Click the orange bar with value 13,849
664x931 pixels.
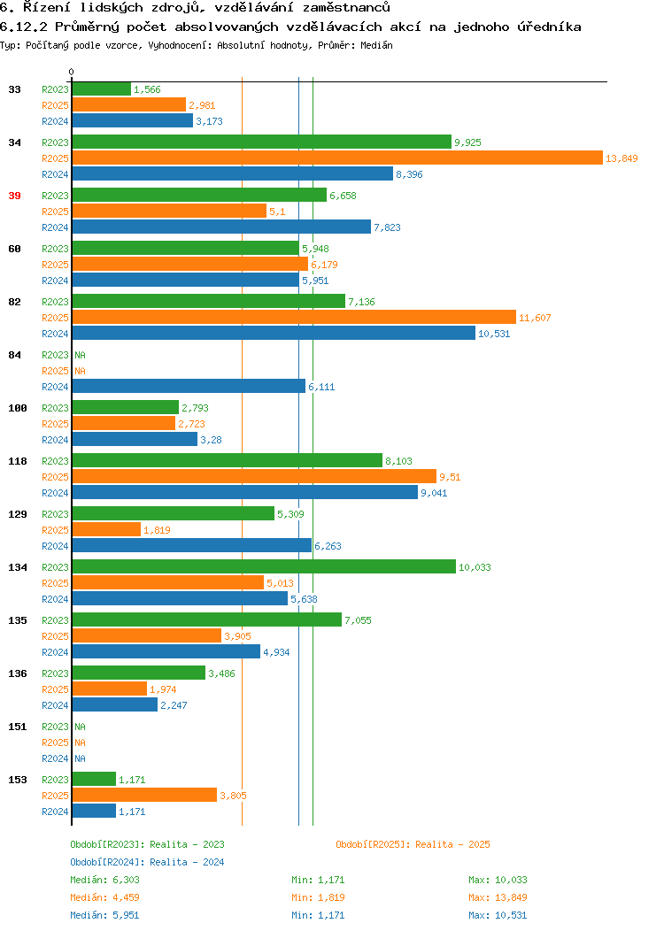337,158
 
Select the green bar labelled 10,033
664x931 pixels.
264,567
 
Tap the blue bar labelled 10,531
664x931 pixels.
274,333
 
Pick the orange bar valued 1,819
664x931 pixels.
106,529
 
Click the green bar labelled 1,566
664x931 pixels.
102,89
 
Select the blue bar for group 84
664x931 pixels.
189,387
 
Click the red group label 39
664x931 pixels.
15,196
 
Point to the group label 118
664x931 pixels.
18,461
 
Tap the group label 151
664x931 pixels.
18,727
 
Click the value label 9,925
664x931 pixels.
468,142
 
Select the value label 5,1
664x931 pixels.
277,212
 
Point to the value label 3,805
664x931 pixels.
234,796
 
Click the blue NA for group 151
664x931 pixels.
81,758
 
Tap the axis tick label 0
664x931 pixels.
72,72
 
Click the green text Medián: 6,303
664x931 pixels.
105,880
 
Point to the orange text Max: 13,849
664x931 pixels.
498,897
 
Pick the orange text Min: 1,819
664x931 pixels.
318,897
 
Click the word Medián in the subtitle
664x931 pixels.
376,45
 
